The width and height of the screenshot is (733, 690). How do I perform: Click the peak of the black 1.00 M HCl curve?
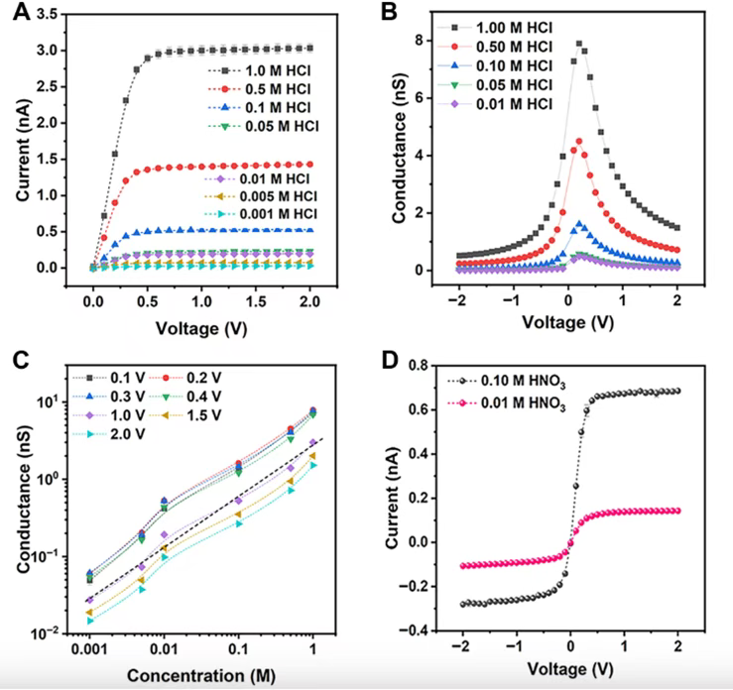click(x=579, y=43)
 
